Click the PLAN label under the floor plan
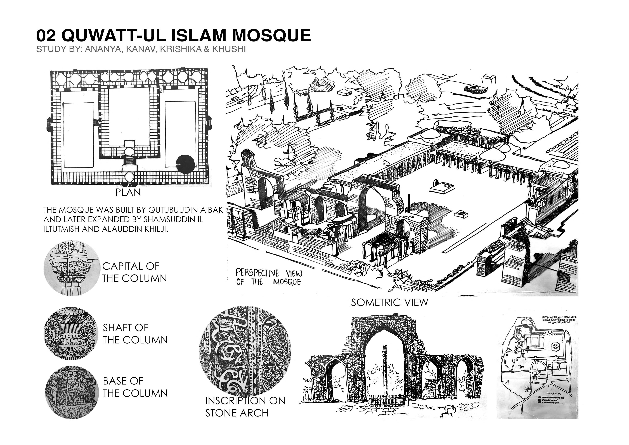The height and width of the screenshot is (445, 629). tap(128, 193)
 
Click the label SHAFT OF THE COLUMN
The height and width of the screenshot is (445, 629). tap(135, 334)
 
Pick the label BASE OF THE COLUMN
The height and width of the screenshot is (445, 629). tap(135, 387)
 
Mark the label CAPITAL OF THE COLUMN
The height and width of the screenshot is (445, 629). tap(134, 272)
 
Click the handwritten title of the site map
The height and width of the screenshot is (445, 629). tap(559, 320)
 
